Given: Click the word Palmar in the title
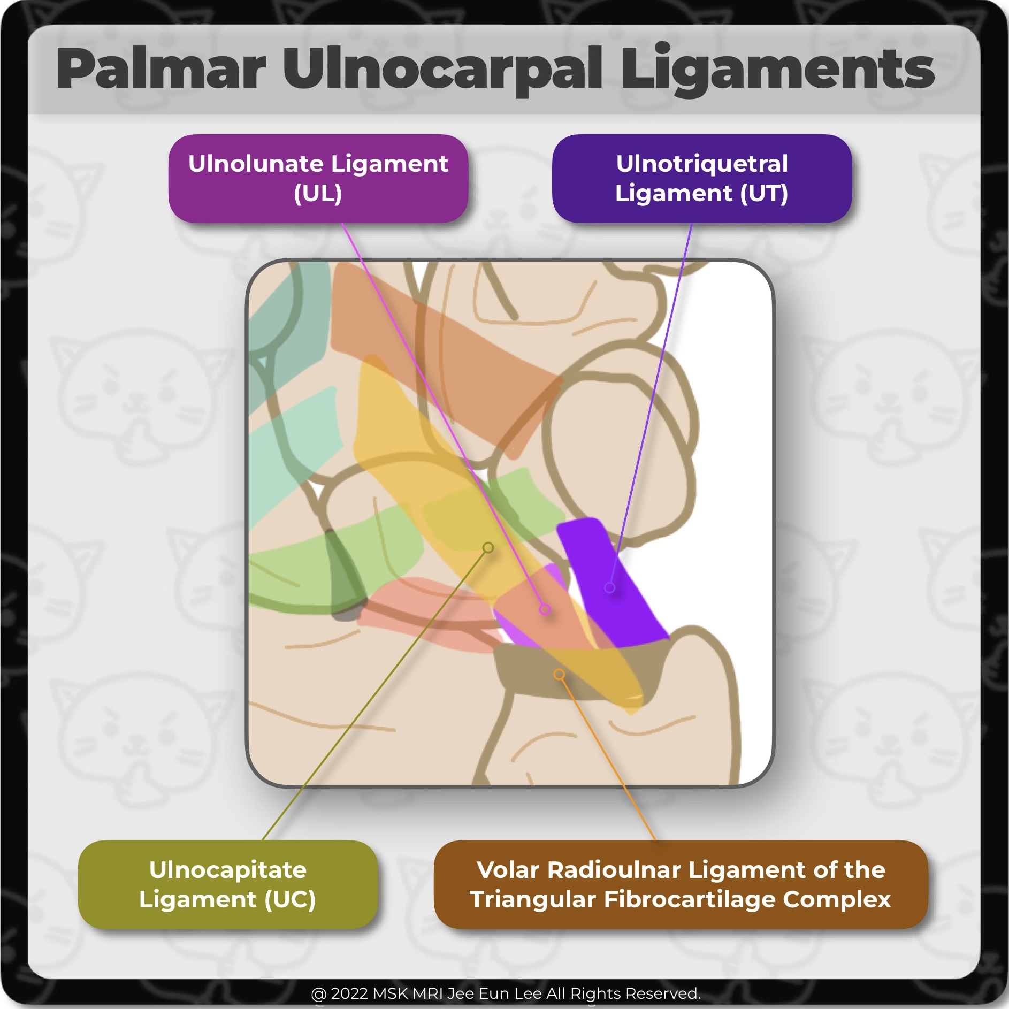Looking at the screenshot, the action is [x=160, y=70].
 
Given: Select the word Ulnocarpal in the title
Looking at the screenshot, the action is [x=442, y=70].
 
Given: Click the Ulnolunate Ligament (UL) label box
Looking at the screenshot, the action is [x=318, y=178].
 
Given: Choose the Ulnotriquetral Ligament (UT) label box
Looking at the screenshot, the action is [x=701, y=178].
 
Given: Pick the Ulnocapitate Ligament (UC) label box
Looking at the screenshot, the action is [x=227, y=884].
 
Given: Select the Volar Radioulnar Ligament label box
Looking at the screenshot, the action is [x=680, y=884].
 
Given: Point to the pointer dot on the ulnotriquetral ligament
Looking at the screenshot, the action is [x=609, y=587].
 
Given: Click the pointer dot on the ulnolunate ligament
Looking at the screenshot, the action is [x=545, y=609].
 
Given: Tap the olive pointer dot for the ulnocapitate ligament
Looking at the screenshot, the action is [x=488, y=547].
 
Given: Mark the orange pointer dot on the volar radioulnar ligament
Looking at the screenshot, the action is [x=559, y=674].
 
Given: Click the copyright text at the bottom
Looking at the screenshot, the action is [x=505, y=993].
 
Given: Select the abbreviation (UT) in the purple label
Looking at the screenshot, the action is [x=764, y=193].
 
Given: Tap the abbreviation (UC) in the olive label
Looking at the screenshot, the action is [x=290, y=899].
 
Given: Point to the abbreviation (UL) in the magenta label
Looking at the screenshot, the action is [x=318, y=193].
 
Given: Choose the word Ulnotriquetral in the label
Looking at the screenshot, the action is [x=701, y=164].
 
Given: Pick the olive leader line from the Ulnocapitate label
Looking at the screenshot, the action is [x=374, y=695].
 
